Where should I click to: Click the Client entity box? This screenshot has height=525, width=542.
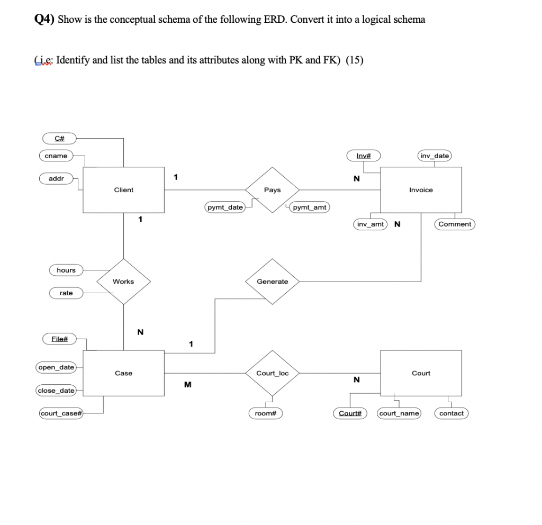(x=124, y=189)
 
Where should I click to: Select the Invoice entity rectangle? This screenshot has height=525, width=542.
(x=421, y=189)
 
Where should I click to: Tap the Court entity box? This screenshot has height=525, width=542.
(x=421, y=373)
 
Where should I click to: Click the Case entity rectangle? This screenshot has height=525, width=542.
(x=124, y=373)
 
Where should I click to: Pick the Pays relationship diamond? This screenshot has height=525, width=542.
(x=272, y=189)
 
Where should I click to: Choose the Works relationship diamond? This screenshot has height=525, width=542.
(x=123, y=282)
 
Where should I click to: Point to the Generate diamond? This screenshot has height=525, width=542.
(x=272, y=282)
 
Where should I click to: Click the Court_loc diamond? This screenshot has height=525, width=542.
(x=272, y=373)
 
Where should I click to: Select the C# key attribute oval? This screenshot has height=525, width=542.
(x=59, y=138)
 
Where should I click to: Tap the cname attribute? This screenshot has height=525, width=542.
(x=56, y=156)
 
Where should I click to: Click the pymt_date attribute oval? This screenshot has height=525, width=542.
(x=225, y=207)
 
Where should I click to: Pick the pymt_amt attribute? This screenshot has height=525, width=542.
(x=310, y=207)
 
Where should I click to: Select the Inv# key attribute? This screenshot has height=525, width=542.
(x=364, y=156)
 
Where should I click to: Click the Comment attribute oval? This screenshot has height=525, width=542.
(x=455, y=224)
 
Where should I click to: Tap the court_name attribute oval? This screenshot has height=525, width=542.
(x=399, y=413)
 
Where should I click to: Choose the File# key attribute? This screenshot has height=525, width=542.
(x=59, y=338)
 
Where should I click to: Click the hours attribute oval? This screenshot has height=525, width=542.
(x=66, y=270)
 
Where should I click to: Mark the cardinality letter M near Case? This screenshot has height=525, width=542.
(x=187, y=385)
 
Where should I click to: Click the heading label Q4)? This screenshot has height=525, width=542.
(x=44, y=20)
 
